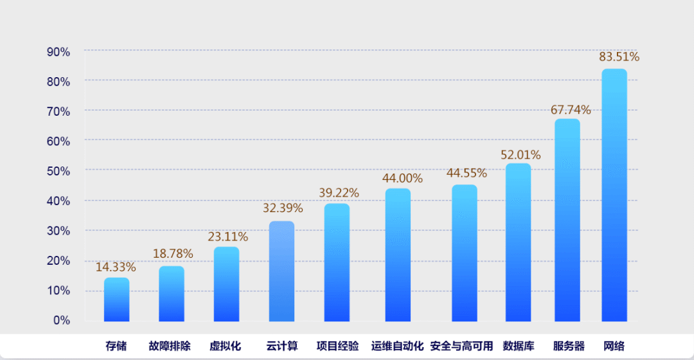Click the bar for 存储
pos(116,300)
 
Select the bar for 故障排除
pos(172,294)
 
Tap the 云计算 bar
pos(281,271)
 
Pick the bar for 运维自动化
pos(398,255)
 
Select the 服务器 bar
pos(567,220)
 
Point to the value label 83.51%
pos(619,57)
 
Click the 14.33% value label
pos(116,267)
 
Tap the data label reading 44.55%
pos(467,173)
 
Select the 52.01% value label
pos(520,155)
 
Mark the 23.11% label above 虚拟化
pos(227,237)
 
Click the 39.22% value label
pos(339,193)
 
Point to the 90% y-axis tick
pos(58,51)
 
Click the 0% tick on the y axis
pos(62,320)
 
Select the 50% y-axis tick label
pos(58,171)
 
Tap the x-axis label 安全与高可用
pos(461,346)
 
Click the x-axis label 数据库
pos(519,346)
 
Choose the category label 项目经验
pos(337,346)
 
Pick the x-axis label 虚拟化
pos(225,346)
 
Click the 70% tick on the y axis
pos(58,111)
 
